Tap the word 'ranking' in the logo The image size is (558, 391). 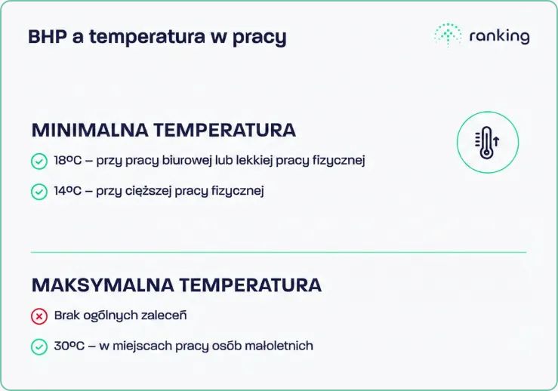click(499, 36)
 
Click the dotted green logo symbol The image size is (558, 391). click(447, 35)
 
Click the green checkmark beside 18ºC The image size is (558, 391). click(39, 162)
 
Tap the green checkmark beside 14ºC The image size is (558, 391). click(39, 192)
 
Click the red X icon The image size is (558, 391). click(39, 316)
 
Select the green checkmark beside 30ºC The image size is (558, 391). click(39, 346)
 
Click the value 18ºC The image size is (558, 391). click(68, 161)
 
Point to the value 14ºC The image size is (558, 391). click(68, 191)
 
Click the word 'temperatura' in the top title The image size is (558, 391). click(146, 37)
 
